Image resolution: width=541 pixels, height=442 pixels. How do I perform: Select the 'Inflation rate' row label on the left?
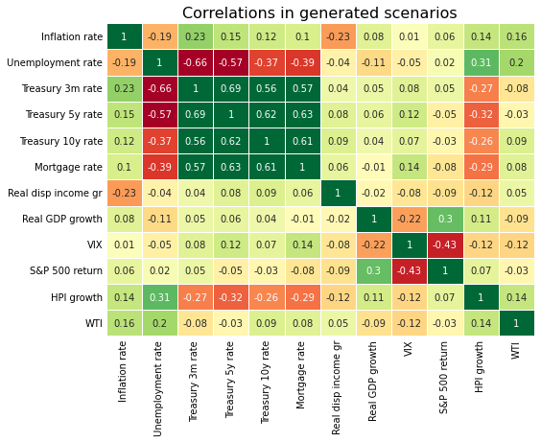[x=71, y=36]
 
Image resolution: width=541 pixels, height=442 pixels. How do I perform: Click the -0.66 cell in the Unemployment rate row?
[x=195, y=62]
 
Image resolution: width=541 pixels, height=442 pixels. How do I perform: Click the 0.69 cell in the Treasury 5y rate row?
[x=195, y=114]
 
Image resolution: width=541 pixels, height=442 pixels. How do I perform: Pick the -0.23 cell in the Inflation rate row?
[x=338, y=36]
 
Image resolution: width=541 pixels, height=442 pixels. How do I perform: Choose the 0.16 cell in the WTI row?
[x=124, y=323]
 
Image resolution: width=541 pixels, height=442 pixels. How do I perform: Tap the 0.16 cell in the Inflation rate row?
[x=516, y=36]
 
